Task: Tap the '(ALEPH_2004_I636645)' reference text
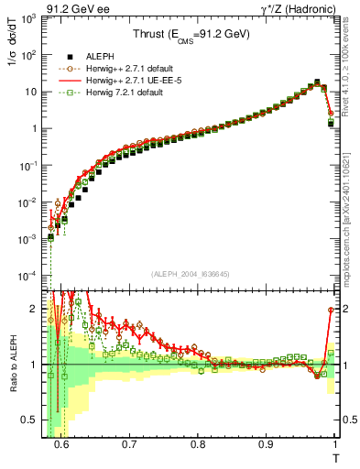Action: tap(190, 274)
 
